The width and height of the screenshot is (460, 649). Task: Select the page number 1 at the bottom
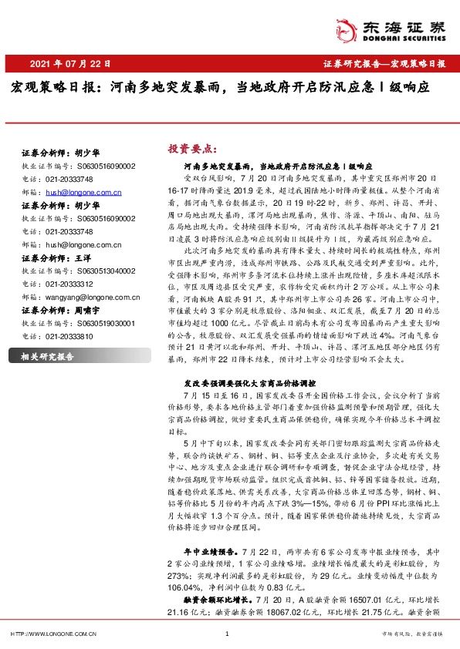pos(227,634)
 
